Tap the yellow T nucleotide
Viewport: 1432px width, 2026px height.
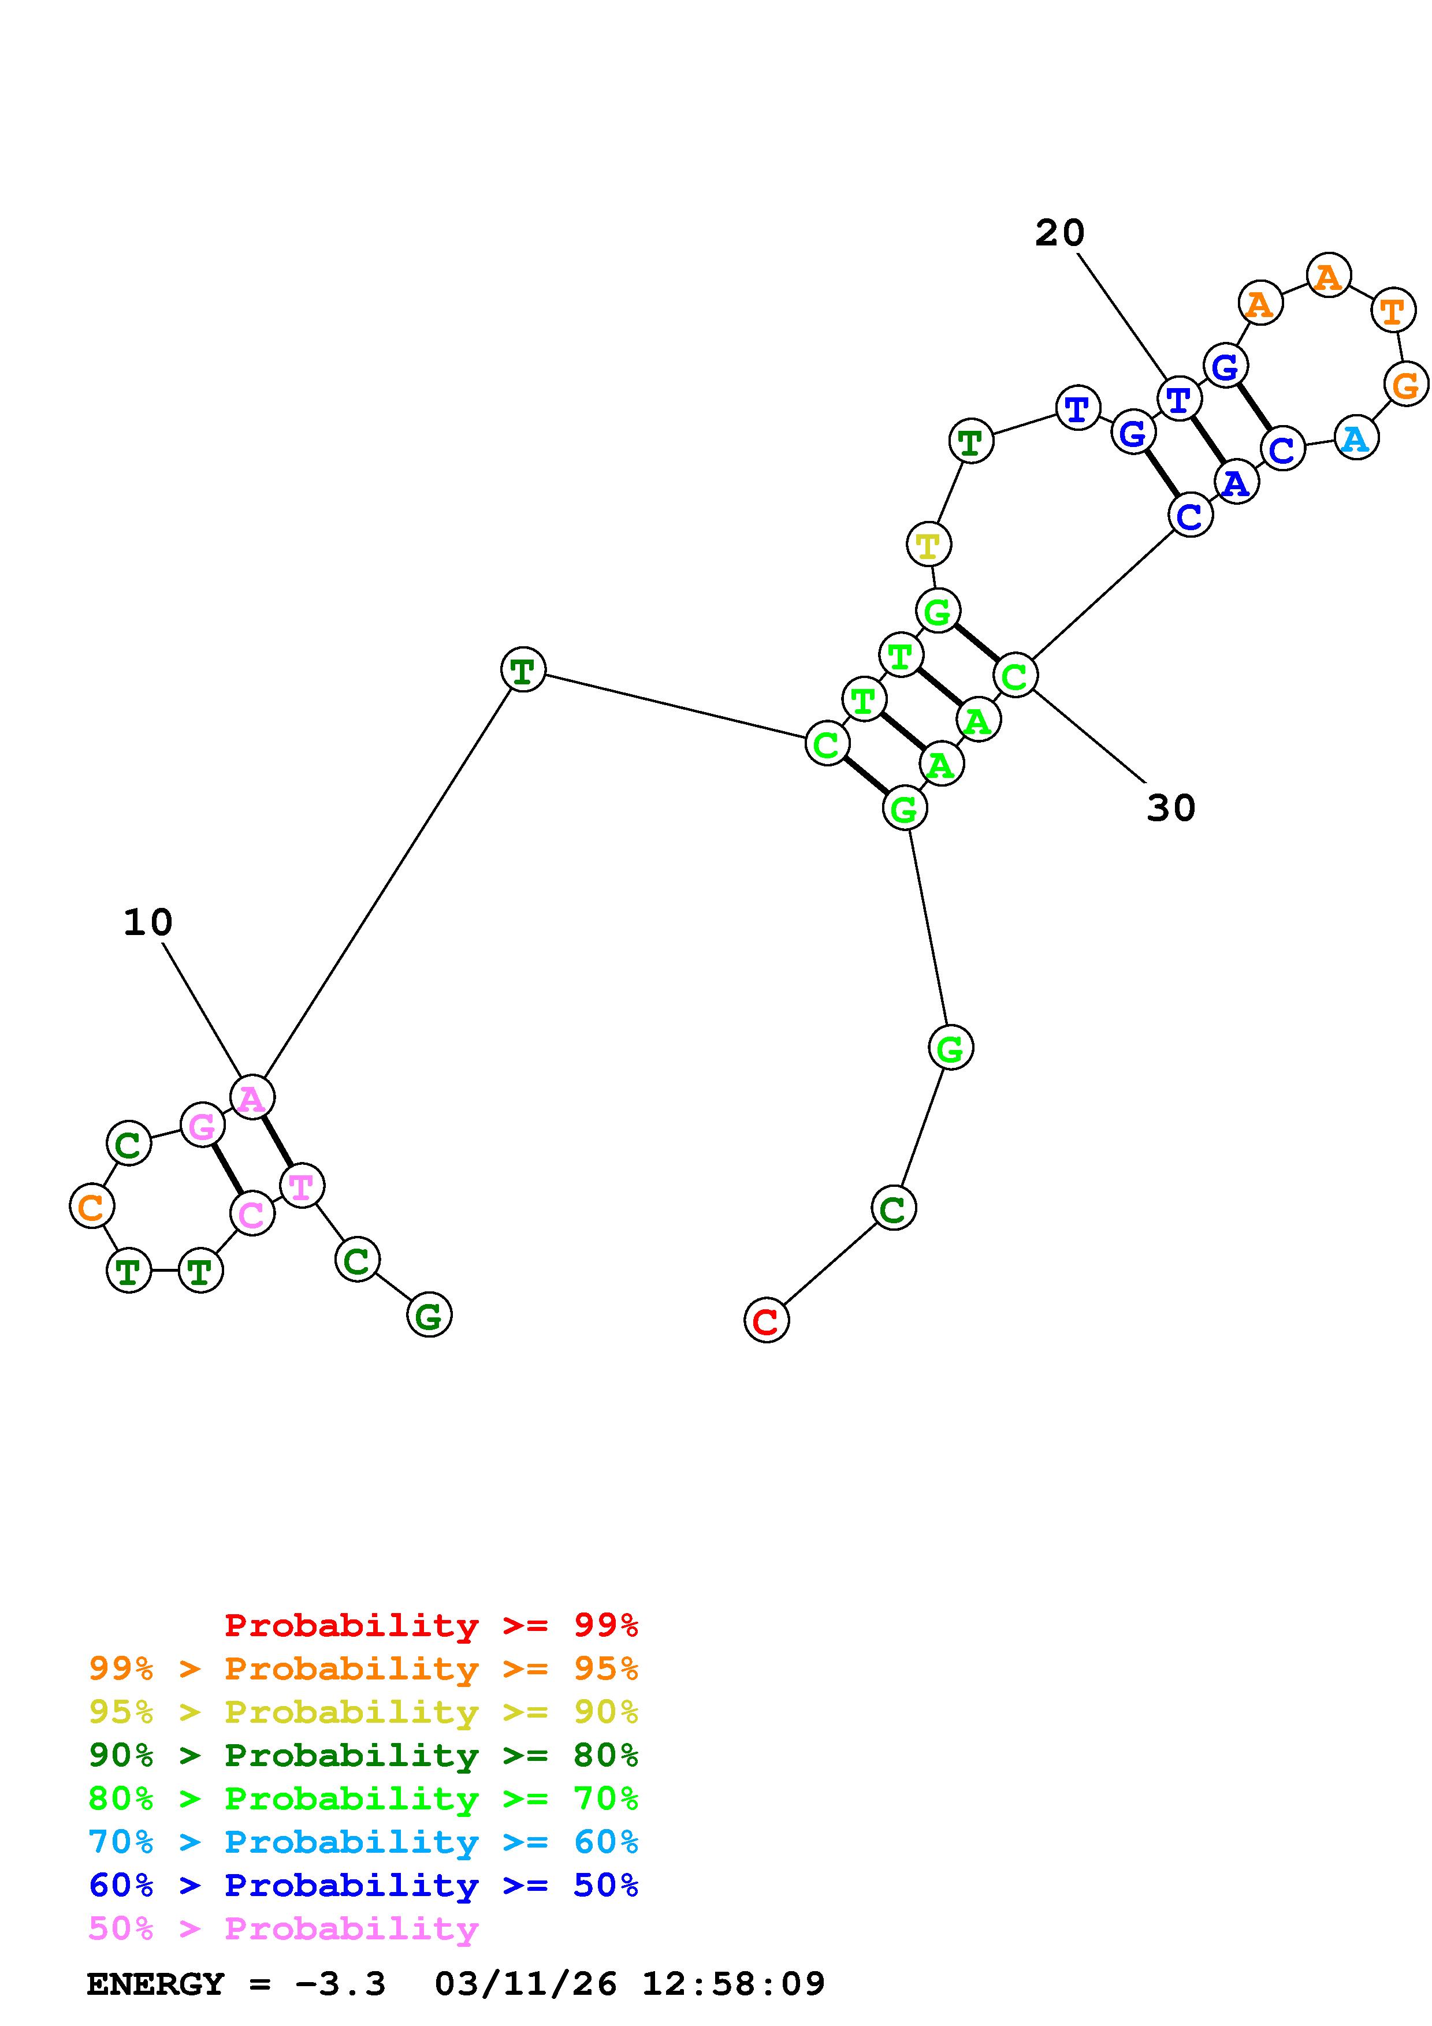(x=928, y=545)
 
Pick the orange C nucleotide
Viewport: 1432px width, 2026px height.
(x=92, y=1206)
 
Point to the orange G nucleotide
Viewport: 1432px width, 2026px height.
(x=1405, y=385)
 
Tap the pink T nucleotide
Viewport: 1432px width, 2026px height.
(x=302, y=1186)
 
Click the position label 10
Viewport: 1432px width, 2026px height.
(x=147, y=923)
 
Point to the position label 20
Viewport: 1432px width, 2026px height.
(x=1059, y=233)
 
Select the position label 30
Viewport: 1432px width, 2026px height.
(x=1171, y=807)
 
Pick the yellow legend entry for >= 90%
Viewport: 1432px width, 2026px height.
(x=363, y=1712)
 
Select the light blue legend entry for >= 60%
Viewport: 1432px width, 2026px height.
(x=363, y=1842)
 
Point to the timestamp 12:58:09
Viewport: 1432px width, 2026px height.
(x=733, y=1984)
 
